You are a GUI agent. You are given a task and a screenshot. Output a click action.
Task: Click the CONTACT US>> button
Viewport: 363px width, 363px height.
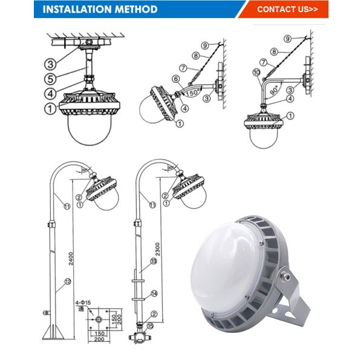coord(287,9)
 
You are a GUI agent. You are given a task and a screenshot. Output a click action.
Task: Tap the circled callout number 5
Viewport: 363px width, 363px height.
coord(50,78)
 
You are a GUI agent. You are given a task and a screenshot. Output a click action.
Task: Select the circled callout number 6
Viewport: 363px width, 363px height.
coord(175,79)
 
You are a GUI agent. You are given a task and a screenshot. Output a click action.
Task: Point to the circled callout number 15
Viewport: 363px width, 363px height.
coord(150,326)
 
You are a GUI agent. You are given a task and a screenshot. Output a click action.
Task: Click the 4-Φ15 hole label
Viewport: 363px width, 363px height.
coord(83,301)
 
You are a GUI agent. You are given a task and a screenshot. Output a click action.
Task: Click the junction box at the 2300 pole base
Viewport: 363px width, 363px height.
coord(137,334)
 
